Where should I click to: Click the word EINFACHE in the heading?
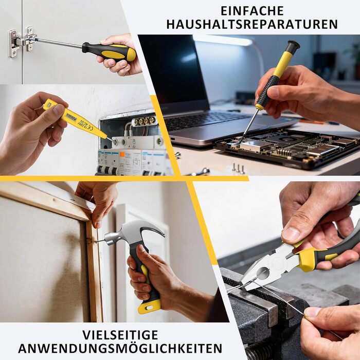click(252, 11)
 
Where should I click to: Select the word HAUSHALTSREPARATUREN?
click(252, 24)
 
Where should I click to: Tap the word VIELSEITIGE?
click(120, 335)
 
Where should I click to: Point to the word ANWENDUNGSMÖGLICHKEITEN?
click(120, 349)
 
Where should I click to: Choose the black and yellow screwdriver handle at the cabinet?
click(109, 52)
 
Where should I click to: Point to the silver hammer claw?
click(153, 230)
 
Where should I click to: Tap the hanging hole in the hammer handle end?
click(150, 308)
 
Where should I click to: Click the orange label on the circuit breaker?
click(122, 154)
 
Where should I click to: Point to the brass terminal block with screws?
click(144, 121)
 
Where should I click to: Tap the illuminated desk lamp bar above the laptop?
click(223, 40)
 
